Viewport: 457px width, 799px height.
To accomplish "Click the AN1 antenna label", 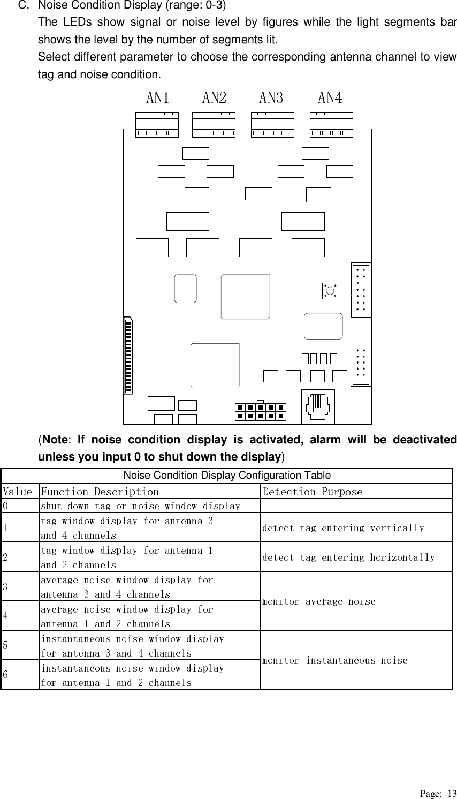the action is point(158,97).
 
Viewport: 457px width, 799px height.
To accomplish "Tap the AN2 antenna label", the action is point(214,97).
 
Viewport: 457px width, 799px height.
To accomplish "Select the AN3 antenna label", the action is point(271,97).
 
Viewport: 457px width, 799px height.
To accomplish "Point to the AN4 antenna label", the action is point(330,97).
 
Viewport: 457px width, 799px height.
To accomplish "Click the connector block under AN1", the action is point(157,125).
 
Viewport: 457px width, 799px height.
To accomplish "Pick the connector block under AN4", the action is point(331,125).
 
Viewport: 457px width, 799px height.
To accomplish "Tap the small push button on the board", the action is point(330,291).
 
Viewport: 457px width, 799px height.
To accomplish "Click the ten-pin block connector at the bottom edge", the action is point(260,411).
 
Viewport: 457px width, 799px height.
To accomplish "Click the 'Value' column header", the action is point(17,492).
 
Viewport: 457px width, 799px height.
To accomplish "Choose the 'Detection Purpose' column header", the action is point(312,492).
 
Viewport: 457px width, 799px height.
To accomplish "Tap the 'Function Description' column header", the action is point(100,492).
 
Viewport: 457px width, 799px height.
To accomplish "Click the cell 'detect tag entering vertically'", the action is point(343,528).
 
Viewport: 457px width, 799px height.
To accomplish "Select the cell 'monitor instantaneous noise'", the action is point(335,660).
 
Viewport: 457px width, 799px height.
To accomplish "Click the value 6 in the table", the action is point(5,675).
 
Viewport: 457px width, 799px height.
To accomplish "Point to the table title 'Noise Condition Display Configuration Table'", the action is point(227,476).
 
